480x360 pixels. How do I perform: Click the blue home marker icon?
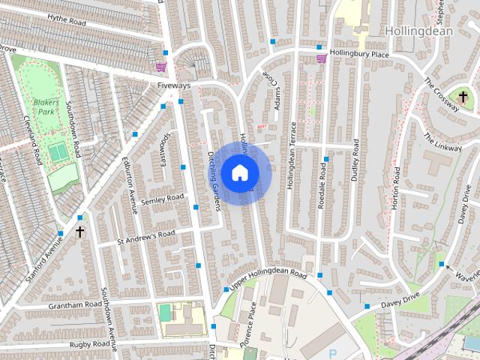coord(239,172)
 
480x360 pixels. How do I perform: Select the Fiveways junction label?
coord(174,85)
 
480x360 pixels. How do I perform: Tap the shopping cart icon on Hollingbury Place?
coord(322,58)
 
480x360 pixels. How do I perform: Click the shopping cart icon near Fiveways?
coord(160,67)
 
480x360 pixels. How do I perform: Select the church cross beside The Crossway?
coord(464,97)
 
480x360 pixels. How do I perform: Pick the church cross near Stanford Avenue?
coord(79,232)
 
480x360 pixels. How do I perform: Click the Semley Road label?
coord(163,201)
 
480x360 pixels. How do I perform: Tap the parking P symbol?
coord(333,352)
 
